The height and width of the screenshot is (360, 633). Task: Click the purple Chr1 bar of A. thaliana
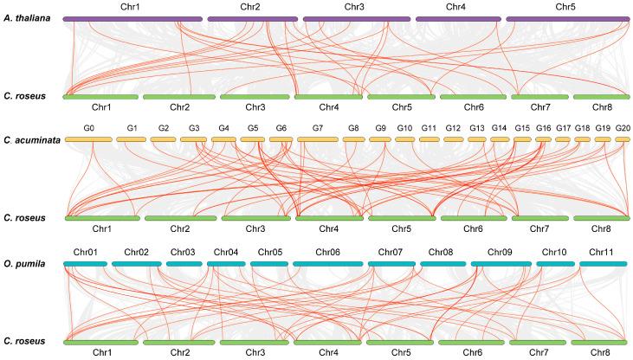pyautogui.click(x=133, y=18)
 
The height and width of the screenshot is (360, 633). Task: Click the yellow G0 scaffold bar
pyautogui.click(x=89, y=138)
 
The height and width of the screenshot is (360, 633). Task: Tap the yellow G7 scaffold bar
pyautogui.click(x=317, y=138)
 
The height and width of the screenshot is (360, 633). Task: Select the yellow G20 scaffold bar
pyautogui.click(x=623, y=138)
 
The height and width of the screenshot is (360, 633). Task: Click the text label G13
pyautogui.click(x=476, y=128)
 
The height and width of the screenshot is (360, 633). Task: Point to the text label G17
pyautogui.click(x=563, y=128)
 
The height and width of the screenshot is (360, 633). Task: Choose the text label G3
pyautogui.click(x=194, y=128)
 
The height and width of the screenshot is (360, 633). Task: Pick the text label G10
pyautogui.click(x=404, y=128)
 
